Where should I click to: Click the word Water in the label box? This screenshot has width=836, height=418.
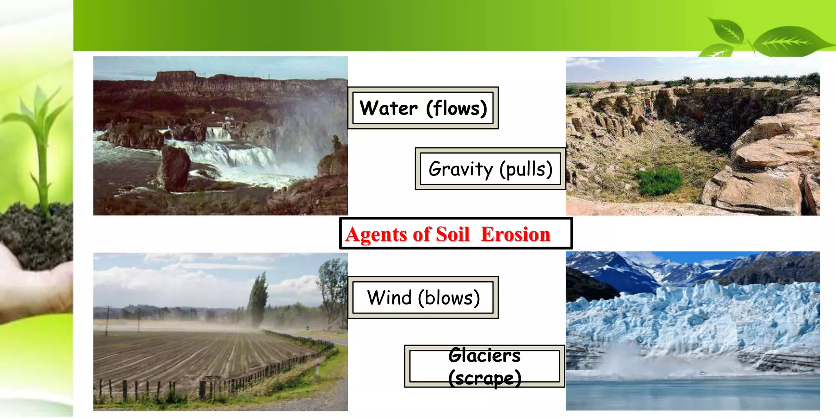coord(388,109)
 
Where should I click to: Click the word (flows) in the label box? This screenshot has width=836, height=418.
coord(456,109)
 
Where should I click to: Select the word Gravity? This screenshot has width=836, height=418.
coord(460,169)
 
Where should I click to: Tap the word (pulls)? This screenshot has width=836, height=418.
coord(526,169)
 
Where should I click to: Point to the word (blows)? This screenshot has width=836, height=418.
coord(449,298)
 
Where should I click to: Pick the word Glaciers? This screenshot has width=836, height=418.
coord(484,356)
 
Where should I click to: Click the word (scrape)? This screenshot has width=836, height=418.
coord(485,378)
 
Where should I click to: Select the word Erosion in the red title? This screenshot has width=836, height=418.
coord(516,234)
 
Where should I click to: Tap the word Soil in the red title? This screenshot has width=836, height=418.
coord(453,235)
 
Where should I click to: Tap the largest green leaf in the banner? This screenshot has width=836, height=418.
coord(790,41)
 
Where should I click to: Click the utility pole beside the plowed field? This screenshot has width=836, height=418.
coord(108,320)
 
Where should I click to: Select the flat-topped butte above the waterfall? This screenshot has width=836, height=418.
coord(176,76)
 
